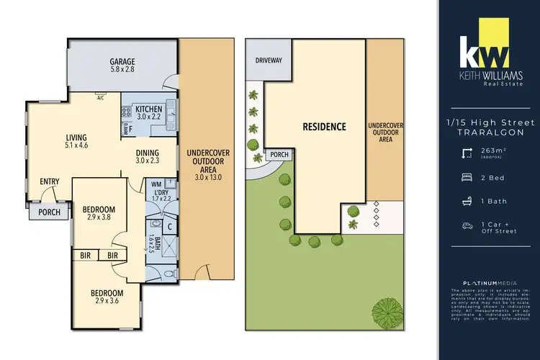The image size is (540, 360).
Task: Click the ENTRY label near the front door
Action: pyautogui.click(x=50, y=181)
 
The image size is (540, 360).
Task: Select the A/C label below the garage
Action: pyautogui.click(x=101, y=97)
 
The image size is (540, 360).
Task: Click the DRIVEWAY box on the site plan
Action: pyautogui.click(x=269, y=61)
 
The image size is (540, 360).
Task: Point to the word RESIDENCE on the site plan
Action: pyautogui.click(x=324, y=127)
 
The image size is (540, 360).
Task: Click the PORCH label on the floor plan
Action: pyautogui.click(x=50, y=212)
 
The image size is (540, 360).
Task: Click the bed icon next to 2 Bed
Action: pyautogui.click(x=467, y=176)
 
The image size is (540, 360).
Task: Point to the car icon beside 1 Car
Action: pyautogui.click(x=467, y=226)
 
